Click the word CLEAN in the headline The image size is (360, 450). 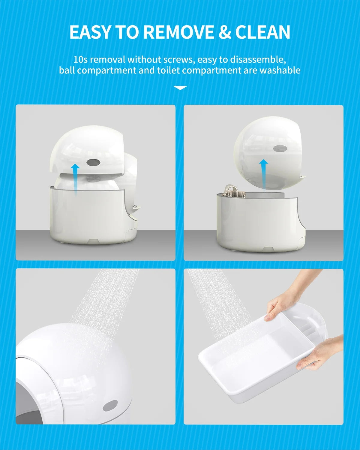(x=263, y=32)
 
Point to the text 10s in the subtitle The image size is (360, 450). (x=80, y=59)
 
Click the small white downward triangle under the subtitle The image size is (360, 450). (x=180, y=88)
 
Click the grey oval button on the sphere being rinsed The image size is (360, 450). (x=110, y=406)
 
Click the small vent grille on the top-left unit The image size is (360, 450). (x=136, y=207)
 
